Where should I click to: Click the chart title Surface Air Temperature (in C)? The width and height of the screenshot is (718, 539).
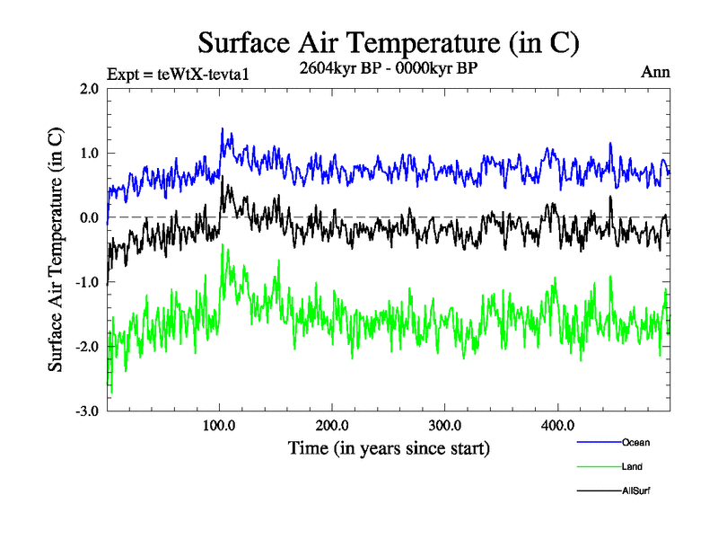tap(388, 42)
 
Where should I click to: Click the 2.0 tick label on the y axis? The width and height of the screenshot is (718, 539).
tap(89, 89)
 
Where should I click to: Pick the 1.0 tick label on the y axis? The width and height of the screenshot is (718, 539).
tap(89, 154)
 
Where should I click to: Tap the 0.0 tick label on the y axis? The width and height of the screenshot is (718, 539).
tap(89, 218)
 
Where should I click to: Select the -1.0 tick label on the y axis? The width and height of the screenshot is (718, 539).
tap(86, 283)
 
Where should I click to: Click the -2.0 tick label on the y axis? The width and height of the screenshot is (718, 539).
tap(86, 348)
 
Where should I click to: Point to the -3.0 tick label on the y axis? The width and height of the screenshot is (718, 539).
tap(86, 412)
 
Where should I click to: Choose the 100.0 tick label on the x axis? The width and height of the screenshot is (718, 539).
tap(220, 426)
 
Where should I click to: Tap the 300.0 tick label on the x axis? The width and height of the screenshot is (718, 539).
tap(445, 426)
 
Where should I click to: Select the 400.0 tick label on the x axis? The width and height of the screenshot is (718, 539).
tap(557, 426)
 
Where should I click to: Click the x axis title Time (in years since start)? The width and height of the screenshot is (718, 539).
tap(389, 447)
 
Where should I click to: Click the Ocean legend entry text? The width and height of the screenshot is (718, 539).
tap(635, 443)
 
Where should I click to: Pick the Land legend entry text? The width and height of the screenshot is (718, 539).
tap(632, 467)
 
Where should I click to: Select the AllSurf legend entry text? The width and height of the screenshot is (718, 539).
tap(635, 491)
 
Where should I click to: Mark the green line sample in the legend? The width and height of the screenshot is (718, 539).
tap(598, 467)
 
